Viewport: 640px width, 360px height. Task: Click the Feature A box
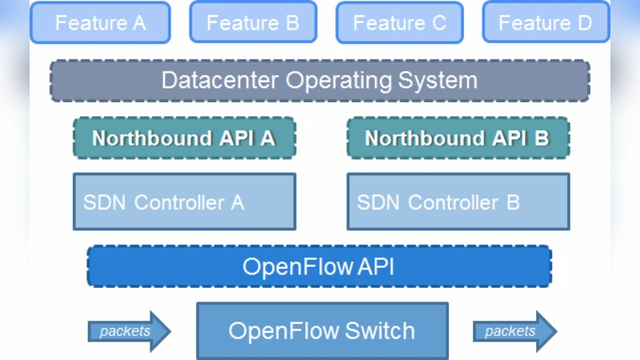click(x=100, y=22)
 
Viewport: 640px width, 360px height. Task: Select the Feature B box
click(x=253, y=22)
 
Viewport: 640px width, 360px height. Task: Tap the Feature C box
click(x=399, y=22)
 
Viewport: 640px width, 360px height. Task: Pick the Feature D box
click(x=545, y=22)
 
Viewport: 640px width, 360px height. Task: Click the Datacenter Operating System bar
click(x=320, y=80)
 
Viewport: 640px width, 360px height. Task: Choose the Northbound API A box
click(x=184, y=138)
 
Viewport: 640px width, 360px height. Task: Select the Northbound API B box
click(x=458, y=138)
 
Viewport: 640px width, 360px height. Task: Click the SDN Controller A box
click(x=184, y=202)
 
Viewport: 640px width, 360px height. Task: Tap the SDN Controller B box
click(x=458, y=202)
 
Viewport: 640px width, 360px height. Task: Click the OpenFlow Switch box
click(x=322, y=330)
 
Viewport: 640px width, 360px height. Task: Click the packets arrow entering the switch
click(x=129, y=330)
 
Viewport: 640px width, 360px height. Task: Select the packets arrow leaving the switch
click(x=514, y=330)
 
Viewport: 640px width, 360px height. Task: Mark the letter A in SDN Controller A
click(x=237, y=202)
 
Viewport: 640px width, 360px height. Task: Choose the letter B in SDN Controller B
click(x=512, y=202)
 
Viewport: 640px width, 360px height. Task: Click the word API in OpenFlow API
click(x=374, y=266)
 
